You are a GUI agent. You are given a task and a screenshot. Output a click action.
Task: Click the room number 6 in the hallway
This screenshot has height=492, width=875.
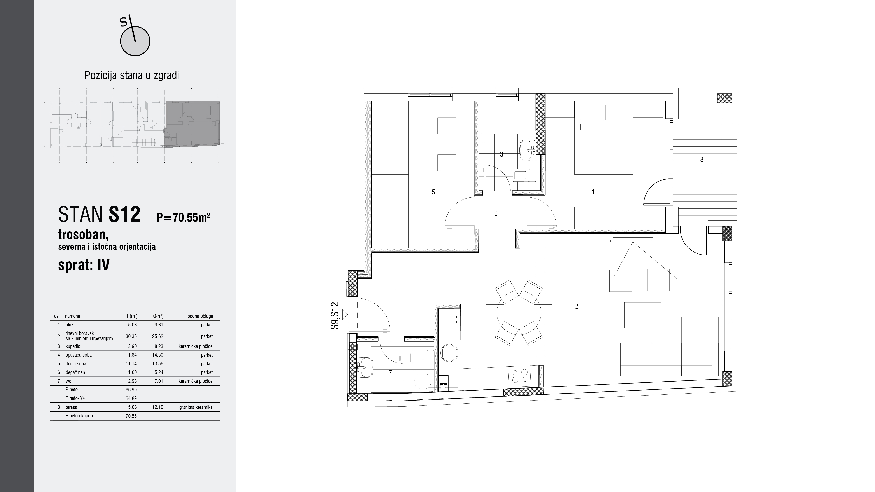point(496,214)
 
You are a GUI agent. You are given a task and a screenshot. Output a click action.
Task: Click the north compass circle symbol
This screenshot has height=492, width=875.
point(135,41)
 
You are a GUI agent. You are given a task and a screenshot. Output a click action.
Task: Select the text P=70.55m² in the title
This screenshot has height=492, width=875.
point(184,217)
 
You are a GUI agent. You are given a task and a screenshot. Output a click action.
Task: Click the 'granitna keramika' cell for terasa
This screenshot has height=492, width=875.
point(196,407)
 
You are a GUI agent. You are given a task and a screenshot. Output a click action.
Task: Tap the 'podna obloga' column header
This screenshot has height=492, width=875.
point(200,316)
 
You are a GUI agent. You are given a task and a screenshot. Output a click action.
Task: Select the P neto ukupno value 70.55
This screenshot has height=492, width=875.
point(131,416)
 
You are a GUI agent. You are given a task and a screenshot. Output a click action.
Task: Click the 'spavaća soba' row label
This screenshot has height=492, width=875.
point(79,355)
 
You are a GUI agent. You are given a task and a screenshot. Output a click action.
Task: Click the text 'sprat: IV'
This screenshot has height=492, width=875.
point(84,265)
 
